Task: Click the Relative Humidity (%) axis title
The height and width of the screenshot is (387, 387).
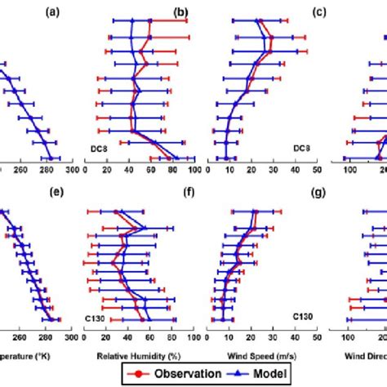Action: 138,356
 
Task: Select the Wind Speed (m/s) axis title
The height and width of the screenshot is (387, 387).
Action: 251,356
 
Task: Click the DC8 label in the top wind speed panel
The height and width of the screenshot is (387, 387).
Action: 300,148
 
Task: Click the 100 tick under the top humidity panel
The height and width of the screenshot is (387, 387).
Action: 193,171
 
